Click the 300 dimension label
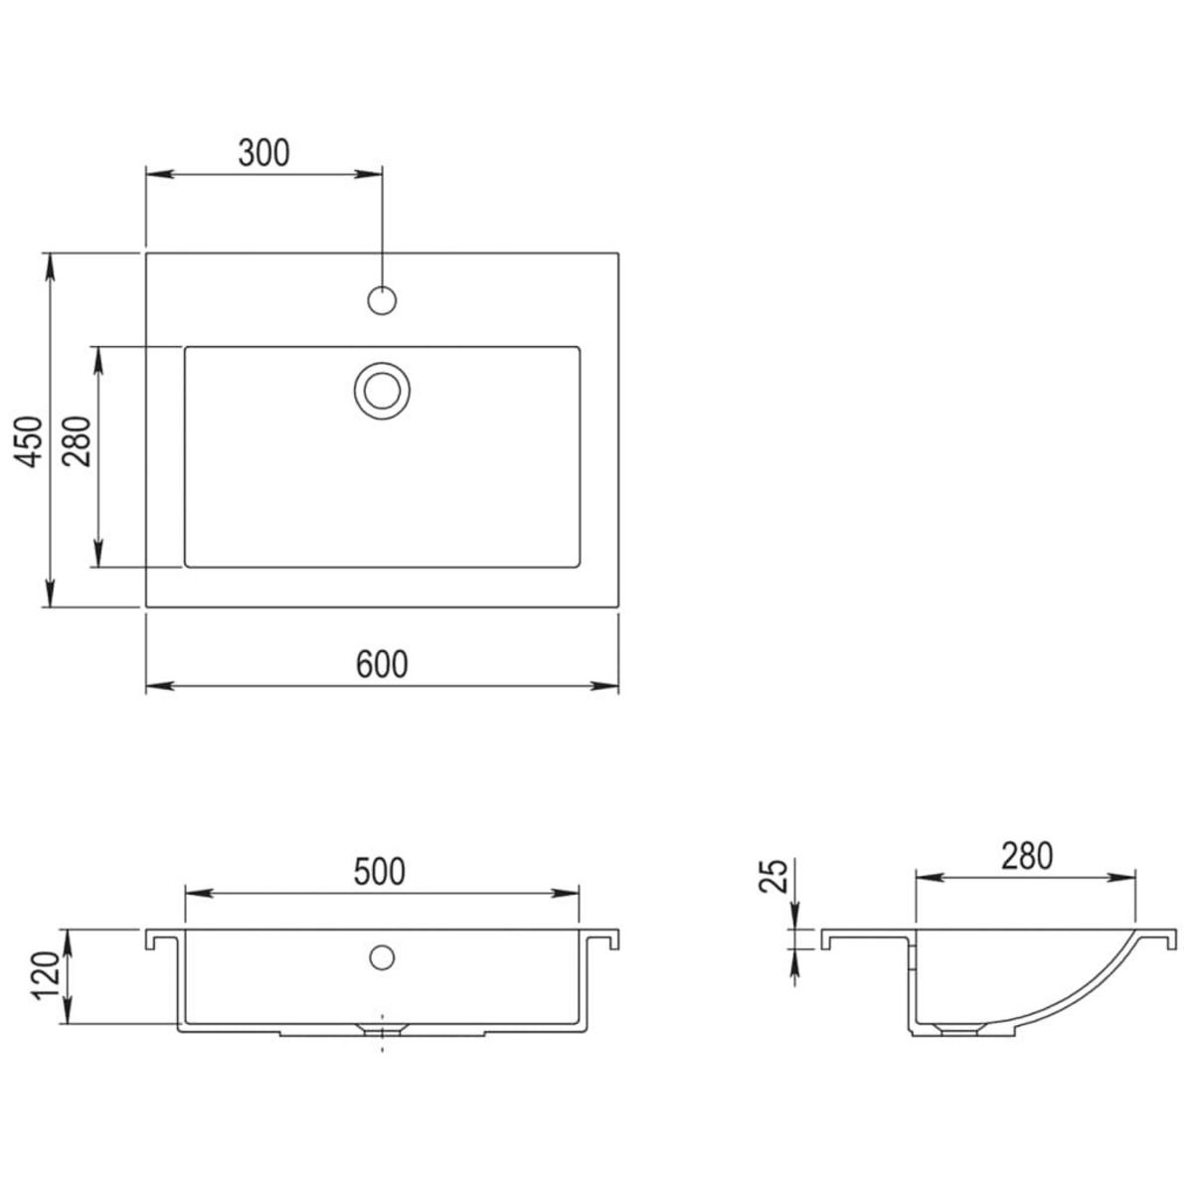263,152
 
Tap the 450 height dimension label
31,441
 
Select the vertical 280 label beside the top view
79,441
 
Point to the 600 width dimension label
382,663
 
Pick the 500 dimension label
381,872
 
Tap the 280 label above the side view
1025,856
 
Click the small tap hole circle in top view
382,298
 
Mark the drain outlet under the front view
382,1030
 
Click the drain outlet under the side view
956,1030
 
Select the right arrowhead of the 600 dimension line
608,686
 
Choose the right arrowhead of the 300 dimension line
373,174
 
